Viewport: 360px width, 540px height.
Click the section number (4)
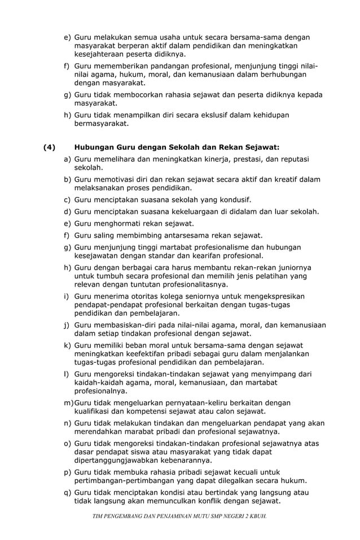(x=50, y=148)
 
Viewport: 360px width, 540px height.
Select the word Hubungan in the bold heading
(x=94, y=148)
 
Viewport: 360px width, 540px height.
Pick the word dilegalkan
(x=227, y=481)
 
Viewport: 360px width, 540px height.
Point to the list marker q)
(x=67, y=492)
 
